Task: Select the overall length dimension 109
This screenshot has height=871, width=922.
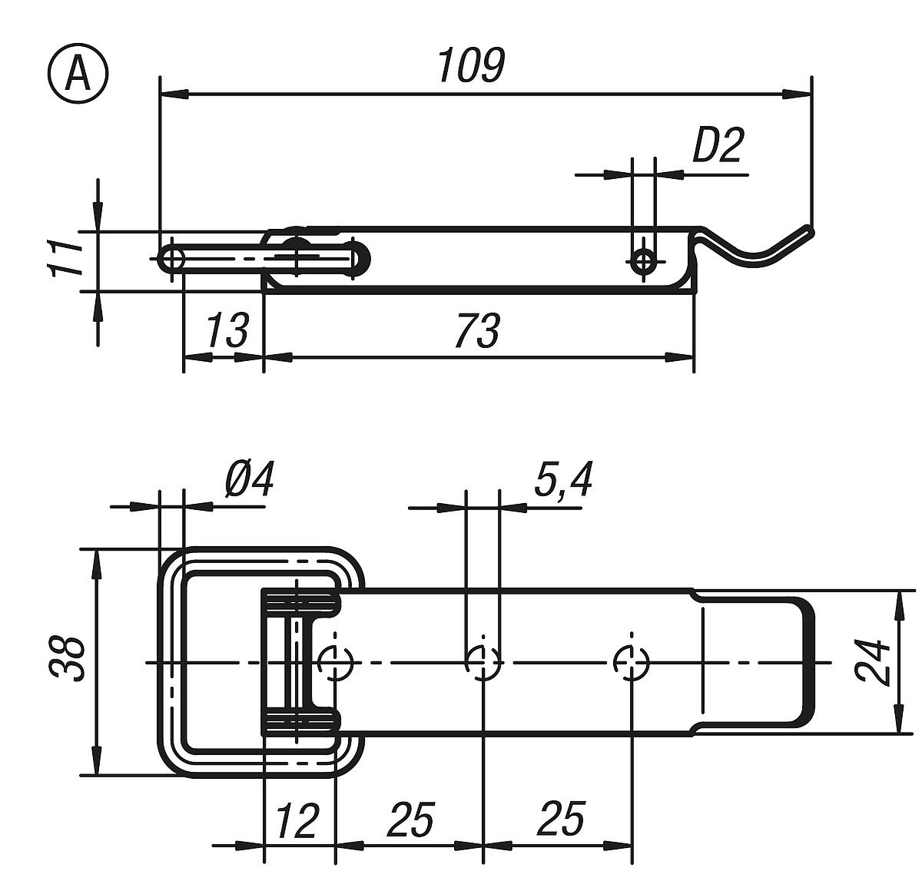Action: [x=470, y=66]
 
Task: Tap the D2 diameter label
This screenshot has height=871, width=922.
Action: [x=718, y=146]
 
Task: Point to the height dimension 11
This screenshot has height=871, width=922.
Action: [x=65, y=259]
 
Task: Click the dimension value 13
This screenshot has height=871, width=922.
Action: [x=227, y=330]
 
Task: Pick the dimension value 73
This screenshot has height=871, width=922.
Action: [x=476, y=330]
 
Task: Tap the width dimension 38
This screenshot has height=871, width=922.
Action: [x=68, y=659]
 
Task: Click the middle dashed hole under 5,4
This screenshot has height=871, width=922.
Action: [x=483, y=661]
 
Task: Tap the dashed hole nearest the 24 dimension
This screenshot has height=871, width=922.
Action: [x=632, y=661]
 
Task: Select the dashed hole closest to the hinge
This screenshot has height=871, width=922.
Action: [x=334, y=661]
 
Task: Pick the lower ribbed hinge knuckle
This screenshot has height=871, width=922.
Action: [x=301, y=721]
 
